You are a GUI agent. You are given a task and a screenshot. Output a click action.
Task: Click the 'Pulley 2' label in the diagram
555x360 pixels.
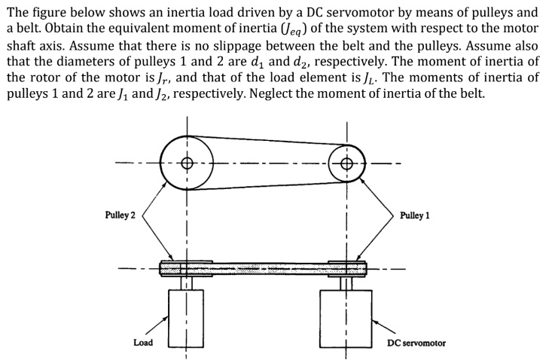[120, 215]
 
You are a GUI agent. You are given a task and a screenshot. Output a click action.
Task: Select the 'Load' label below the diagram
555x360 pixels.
[143, 343]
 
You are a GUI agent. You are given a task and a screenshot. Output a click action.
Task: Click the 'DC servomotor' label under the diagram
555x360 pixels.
[416, 343]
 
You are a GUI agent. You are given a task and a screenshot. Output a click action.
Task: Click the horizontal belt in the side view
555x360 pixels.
[264, 267]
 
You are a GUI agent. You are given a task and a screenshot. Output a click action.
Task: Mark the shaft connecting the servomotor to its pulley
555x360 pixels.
[346, 282]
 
